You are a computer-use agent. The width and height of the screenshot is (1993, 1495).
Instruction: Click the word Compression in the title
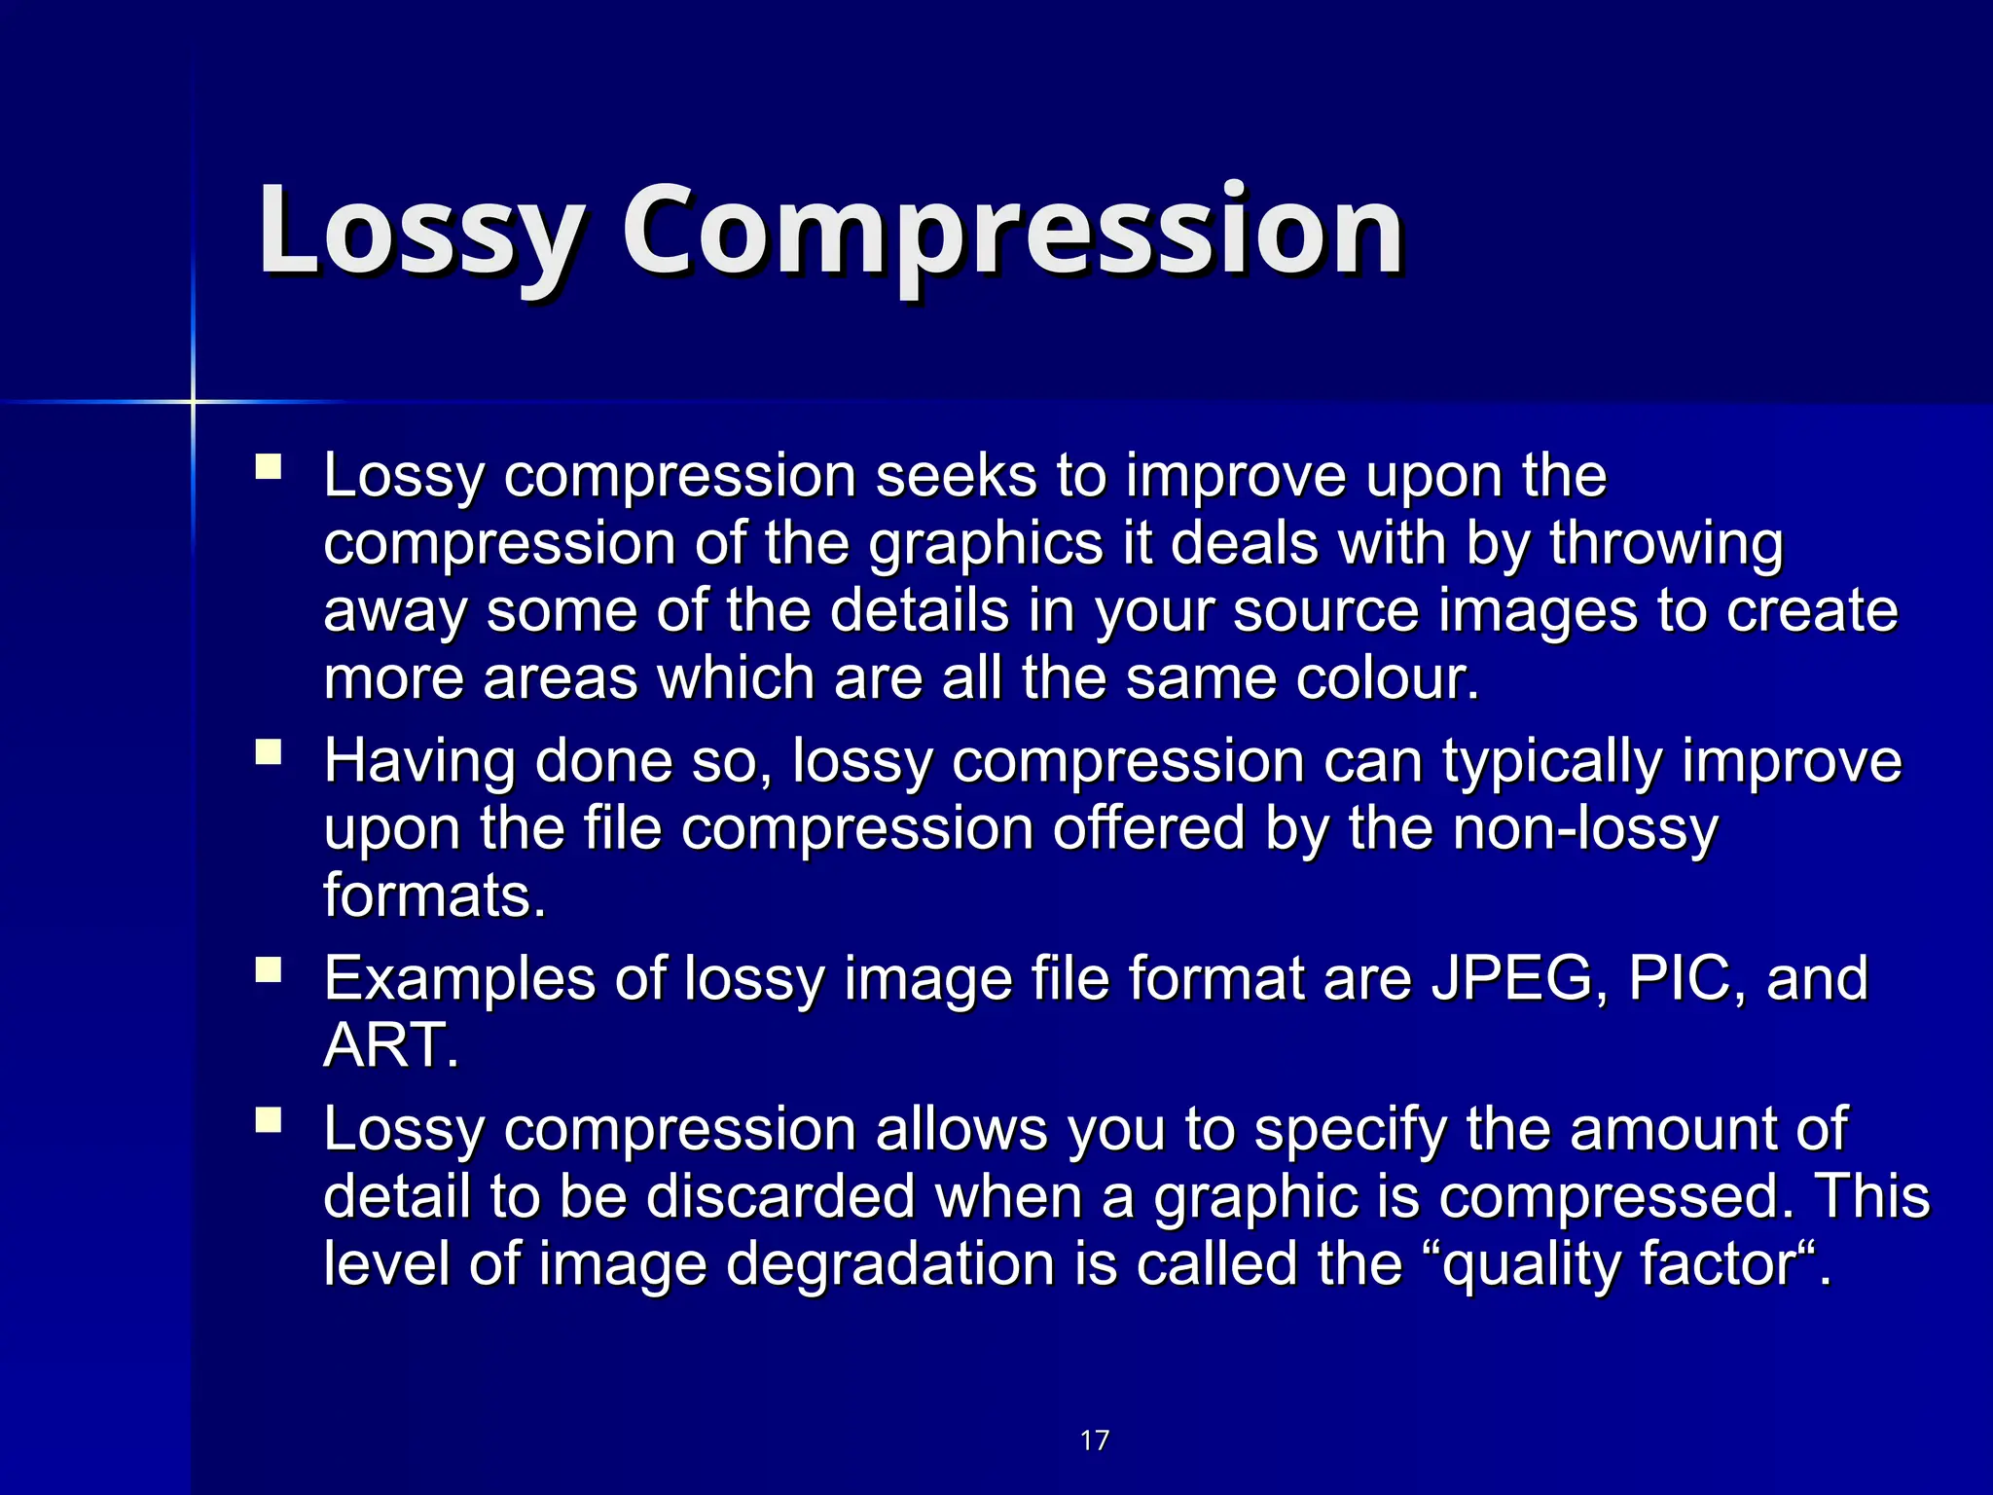click(x=1012, y=232)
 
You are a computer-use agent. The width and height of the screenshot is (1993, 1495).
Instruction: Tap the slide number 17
click(x=1095, y=1440)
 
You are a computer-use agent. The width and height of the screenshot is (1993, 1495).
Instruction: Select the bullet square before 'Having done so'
click(x=268, y=752)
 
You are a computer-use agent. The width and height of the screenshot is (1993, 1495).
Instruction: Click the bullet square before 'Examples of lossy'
click(x=268, y=970)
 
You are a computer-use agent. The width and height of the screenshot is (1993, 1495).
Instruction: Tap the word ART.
click(x=389, y=1046)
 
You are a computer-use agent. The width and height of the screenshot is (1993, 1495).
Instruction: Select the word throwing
click(x=1667, y=543)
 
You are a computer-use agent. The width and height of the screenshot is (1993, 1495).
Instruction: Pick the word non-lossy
click(x=1585, y=829)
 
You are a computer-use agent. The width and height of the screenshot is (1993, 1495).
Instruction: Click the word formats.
click(x=434, y=896)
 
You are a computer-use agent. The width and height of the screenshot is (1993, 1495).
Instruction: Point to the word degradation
click(x=890, y=1264)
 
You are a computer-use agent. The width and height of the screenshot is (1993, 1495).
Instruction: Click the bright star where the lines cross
click(x=193, y=401)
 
